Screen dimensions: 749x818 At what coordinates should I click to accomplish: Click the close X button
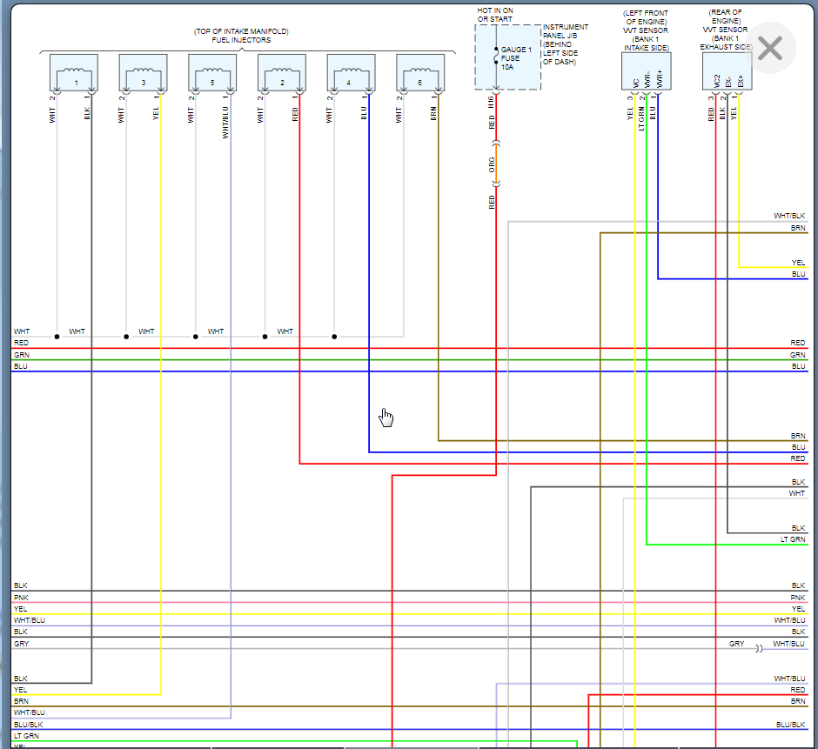pos(770,49)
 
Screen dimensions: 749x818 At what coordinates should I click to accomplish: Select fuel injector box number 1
pos(74,73)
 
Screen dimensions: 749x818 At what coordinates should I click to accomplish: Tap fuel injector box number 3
pos(143,73)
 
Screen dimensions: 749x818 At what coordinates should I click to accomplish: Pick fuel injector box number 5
pos(212,73)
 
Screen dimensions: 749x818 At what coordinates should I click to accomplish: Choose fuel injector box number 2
pos(282,73)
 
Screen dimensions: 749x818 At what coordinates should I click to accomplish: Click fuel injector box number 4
pos(351,73)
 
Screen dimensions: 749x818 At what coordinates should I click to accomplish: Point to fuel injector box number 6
pos(420,73)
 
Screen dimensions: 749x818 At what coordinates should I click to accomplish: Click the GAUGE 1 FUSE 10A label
pos(516,58)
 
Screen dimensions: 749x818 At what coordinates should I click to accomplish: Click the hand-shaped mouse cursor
pos(386,418)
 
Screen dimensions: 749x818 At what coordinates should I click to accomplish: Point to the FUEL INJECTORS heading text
pos(242,40)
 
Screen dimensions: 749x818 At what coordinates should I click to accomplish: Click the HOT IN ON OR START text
pos(495,14)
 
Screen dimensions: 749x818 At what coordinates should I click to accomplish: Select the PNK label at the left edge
pos(20,598)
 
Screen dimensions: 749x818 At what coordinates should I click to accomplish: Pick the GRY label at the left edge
pos(21,644)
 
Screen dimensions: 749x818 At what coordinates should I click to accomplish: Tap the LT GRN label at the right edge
pos(793,540)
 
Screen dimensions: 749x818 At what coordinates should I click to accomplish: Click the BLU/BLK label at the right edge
pos(790,725)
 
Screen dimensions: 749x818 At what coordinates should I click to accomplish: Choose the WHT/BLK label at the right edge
pos(789,216)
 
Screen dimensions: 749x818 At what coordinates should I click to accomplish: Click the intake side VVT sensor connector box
pos(646,71)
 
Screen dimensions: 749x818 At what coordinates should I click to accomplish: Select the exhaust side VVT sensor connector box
pos(727,71)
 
